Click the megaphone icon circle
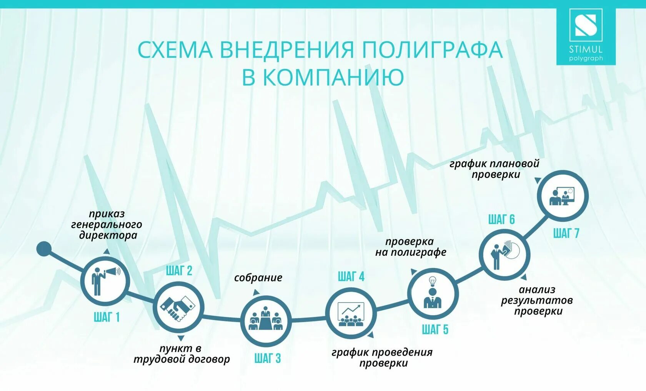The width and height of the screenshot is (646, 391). (105, 281)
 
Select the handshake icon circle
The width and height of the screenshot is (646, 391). (178, 307)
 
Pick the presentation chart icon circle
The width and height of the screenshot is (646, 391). (350, 313)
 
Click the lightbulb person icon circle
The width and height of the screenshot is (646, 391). (433, 294)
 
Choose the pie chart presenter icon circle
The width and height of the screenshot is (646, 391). (504, 254)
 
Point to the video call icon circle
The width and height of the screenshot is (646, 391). (563, 196)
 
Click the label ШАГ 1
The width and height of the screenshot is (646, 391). (107, 317)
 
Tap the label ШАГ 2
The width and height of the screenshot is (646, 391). (179, 271)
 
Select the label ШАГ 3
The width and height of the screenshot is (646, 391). (268, 358)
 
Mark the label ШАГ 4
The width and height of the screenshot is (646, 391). (351, 276)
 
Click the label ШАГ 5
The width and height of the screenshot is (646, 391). (435, 329)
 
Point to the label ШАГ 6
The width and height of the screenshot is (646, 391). (501, 220)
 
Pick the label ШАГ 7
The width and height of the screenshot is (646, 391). (566, 233)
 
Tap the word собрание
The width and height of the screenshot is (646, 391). (258, 278)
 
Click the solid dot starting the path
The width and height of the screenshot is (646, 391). (44, 249)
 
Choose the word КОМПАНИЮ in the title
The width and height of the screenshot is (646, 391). (333, 77)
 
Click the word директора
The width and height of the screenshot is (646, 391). (108, 235)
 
